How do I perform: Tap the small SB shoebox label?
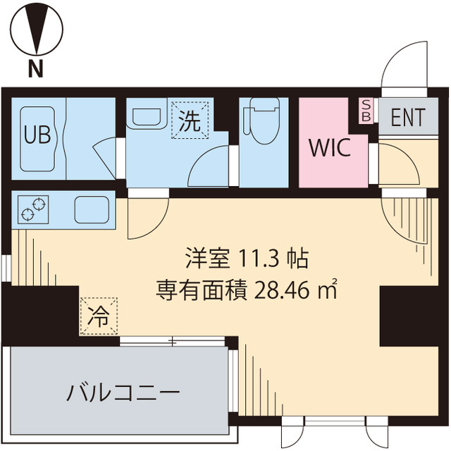366,111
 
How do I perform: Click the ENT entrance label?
408,118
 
